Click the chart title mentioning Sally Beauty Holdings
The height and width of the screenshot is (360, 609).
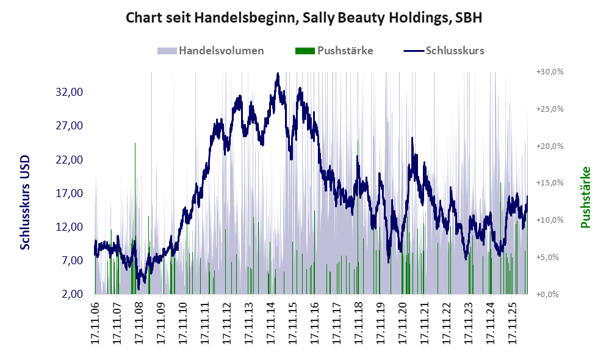click(x=304, y=18)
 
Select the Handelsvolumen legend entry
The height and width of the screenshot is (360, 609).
click(x=211, y=51)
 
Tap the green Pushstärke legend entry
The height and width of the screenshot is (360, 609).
click(x=334, y=51)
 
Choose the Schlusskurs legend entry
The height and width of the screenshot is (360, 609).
click(x=444, y=51)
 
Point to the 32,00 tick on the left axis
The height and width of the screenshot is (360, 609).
click(x=70, y=92)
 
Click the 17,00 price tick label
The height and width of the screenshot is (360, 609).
click(x=70, y=193)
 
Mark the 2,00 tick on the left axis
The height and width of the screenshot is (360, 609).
click(x=72, y=294)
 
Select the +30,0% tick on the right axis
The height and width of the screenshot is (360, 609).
click(x=550, y=72)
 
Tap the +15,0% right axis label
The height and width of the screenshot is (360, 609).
click(x=550, y=183)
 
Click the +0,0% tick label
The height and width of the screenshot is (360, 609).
click(x=547, y=294)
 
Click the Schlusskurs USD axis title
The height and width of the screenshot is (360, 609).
click(x=25, y=203)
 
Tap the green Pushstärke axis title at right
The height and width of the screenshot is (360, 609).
click(x=585, y=197)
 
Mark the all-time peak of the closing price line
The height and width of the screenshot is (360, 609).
click(x=277, y=73)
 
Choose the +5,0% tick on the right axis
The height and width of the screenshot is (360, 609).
click(x=547, y=257)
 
